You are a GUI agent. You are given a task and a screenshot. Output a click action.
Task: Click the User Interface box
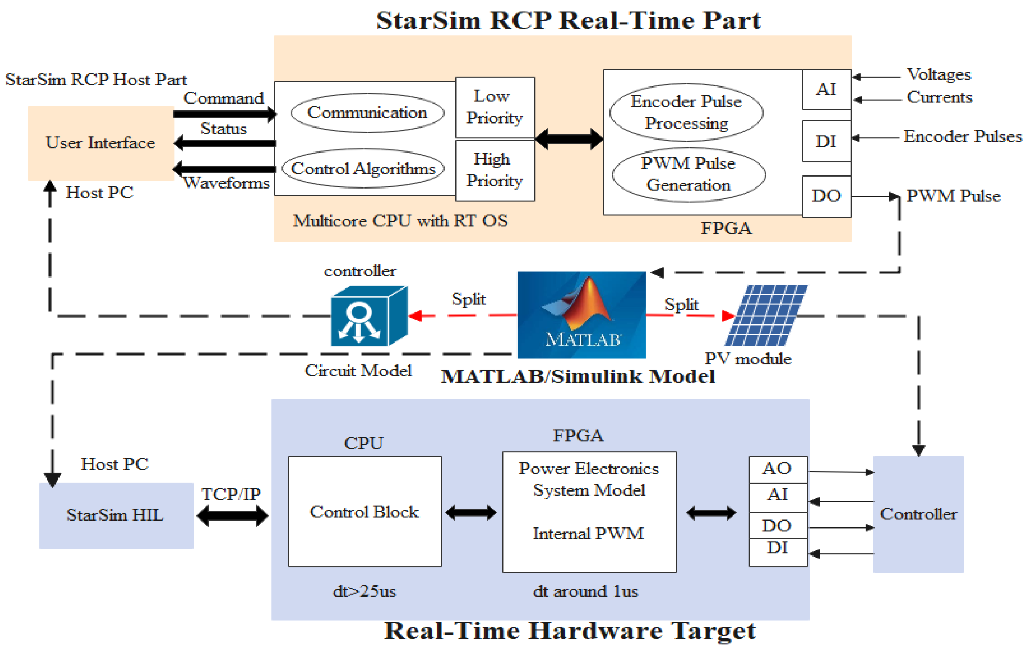(101, 143)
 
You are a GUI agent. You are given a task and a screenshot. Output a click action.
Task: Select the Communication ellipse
(367, 113)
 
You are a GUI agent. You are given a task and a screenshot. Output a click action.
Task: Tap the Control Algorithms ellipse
(363, 169)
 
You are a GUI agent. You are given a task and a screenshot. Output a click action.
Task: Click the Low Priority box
(495, 108)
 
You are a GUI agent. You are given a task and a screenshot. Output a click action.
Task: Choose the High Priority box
(495, 170)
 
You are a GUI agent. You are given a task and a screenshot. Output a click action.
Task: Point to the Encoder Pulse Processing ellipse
(686, 112)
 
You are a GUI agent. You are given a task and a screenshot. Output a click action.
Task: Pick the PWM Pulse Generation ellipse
(689, 174)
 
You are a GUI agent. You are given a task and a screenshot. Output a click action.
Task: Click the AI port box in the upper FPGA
(826, 89)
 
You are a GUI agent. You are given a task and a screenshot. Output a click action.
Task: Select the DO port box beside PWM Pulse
(826, 196)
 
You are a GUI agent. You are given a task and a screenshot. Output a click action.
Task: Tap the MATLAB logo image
(581, 315)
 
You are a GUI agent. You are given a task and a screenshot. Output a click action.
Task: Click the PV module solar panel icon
(766, 315)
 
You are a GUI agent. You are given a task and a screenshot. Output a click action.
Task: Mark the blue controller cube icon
(369, 316)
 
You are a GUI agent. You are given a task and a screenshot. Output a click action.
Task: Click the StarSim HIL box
(116, 515)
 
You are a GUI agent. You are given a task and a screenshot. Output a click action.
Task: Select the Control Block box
(365, 511)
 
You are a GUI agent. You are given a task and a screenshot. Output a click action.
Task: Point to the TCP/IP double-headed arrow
(232, 516)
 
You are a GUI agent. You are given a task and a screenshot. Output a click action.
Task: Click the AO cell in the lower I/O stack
(778, 469)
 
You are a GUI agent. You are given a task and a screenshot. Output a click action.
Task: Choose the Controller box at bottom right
(918, 514)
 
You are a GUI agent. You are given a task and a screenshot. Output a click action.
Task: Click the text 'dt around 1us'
(585, 591)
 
